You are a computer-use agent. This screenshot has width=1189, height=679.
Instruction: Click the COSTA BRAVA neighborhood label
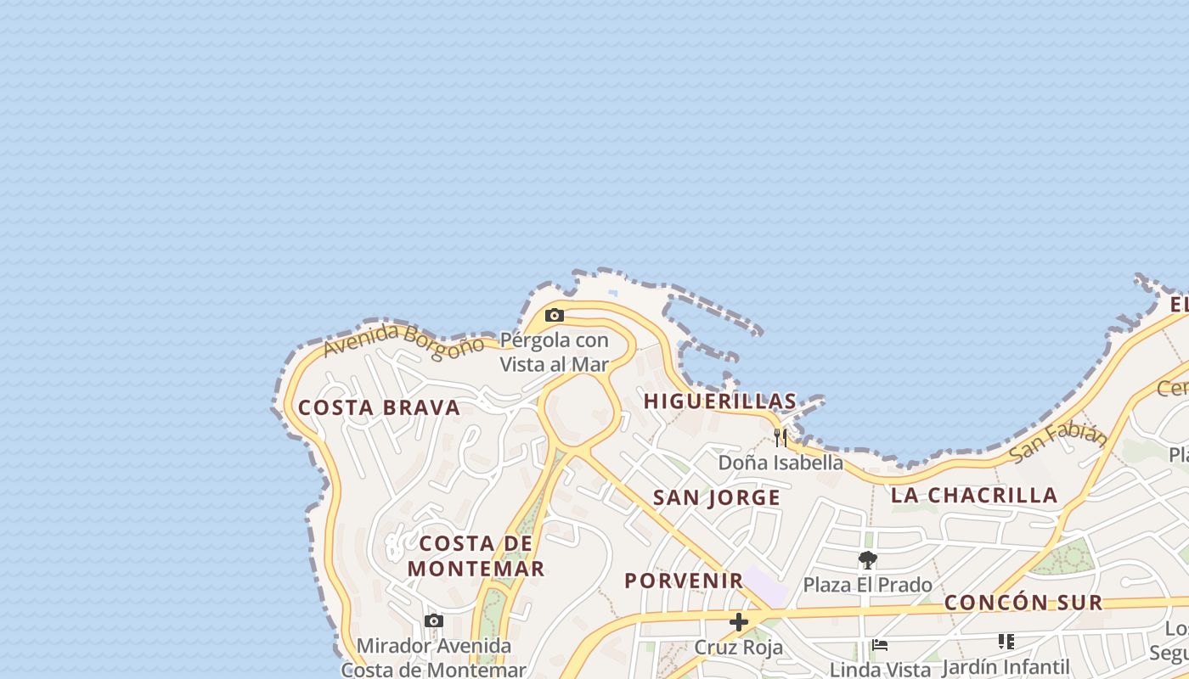tap(379, 407)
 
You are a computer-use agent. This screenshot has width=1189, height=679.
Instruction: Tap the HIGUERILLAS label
tap(720, 401)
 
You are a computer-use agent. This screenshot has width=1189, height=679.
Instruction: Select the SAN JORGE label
tap(716, 497)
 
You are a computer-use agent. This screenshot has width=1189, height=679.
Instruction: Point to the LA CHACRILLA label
tap(973, 495)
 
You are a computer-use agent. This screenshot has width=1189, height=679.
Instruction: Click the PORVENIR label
tap(684, 581)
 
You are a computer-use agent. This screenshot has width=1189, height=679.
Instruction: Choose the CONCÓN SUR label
tap(1023, 603)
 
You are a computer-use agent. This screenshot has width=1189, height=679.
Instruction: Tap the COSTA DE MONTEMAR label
tap(476, 556)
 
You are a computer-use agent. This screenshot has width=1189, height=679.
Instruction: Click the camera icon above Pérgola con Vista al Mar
tap(554, 316)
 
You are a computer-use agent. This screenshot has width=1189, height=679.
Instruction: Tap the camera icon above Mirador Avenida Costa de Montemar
tap(434, 621)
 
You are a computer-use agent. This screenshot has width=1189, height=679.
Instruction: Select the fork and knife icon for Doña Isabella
tap(780, 438)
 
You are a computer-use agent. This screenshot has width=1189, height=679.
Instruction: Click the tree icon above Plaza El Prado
tap(867, 560)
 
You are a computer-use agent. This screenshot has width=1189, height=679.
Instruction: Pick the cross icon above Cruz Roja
tap(739, 622)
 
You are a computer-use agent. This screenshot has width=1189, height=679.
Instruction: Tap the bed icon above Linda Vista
tap(880, 645)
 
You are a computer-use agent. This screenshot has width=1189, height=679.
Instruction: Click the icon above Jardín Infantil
tap(1006, 642)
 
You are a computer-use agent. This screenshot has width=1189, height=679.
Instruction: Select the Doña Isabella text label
tap(780, 463)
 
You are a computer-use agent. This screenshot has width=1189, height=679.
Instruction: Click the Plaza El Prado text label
tap(867, 585)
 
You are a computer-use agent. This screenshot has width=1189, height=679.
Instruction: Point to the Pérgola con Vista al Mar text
tap(554, 352)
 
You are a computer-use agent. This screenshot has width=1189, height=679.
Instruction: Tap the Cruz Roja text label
tap(739, 647)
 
